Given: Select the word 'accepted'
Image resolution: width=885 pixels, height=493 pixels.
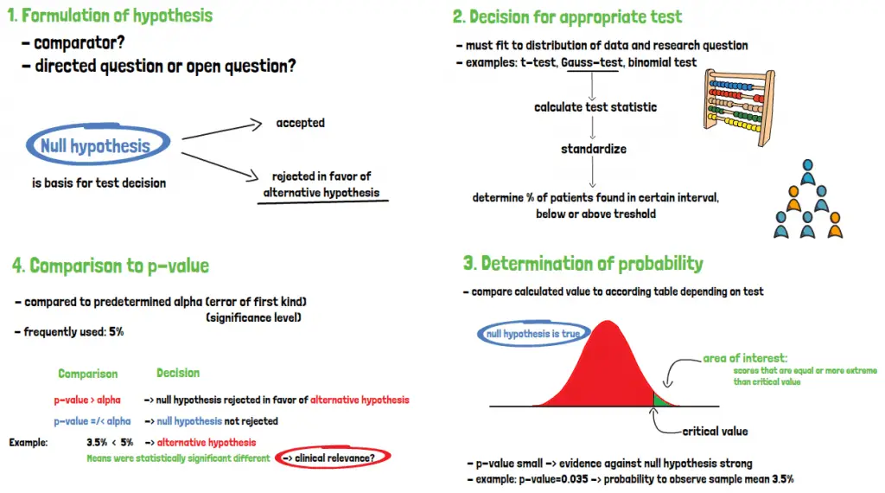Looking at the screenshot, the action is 300,123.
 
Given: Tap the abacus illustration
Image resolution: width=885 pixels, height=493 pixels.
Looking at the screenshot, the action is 739,108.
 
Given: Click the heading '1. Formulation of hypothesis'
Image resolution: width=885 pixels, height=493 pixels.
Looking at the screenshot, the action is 110,16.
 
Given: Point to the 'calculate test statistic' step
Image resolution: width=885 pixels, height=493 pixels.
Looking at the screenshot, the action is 595,107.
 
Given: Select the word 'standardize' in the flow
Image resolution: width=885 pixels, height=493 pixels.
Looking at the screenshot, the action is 594,149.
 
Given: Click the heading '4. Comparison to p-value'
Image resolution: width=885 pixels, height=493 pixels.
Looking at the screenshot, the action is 111,266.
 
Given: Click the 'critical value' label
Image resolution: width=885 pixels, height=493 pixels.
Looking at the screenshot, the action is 715,432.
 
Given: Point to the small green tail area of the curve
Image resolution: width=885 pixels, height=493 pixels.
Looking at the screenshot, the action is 661,400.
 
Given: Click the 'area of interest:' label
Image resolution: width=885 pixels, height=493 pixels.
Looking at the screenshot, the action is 745,358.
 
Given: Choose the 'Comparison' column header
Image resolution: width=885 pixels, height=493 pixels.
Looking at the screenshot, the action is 88,374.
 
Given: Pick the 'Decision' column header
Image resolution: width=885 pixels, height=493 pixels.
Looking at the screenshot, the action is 178,374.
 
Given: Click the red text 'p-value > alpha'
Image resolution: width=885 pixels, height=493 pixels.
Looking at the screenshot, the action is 87,400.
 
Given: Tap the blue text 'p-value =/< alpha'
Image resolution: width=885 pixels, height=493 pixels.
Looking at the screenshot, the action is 92,421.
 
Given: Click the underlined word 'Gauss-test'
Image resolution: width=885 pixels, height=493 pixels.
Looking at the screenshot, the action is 591,62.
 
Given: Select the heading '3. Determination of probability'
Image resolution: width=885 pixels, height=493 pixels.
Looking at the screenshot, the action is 583,264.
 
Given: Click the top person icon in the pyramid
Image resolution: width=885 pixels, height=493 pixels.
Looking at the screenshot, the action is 808,171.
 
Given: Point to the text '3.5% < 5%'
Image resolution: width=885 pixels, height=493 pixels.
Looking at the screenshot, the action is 110,443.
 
